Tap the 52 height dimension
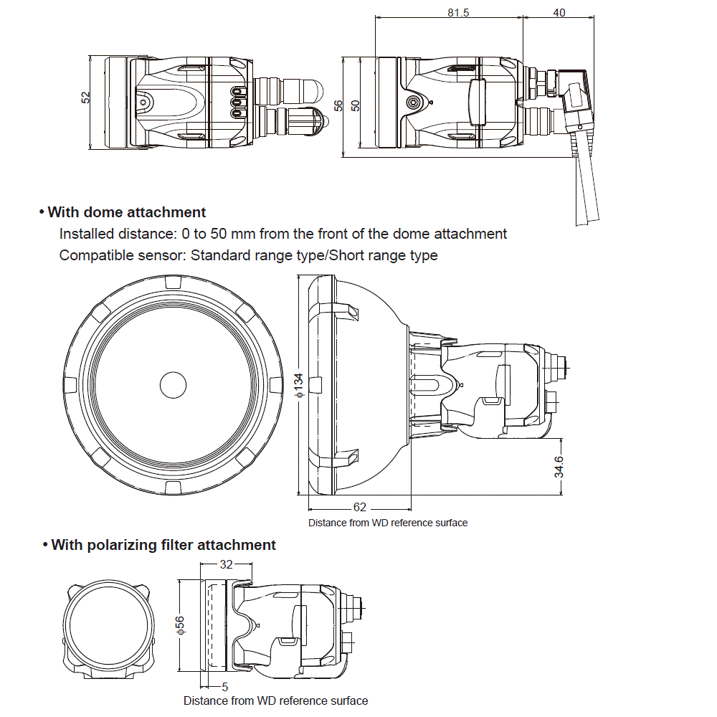85,98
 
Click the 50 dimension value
355,105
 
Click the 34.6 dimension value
559,467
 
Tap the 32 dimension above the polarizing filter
226,564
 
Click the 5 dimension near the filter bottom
225,686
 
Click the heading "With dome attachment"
127,212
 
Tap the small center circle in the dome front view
173,384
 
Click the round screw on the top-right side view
412,103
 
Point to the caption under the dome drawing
388,523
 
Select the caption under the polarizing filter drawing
275,701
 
